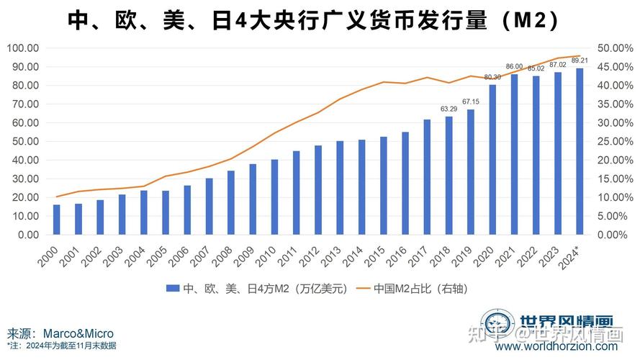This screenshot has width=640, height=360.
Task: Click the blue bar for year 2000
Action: click(x=57, y=220)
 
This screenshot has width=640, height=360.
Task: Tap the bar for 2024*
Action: click(x=579, y=151)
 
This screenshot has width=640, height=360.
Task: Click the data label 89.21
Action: click(x=579, y=60)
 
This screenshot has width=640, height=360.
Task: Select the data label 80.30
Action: click(x=492, y=77)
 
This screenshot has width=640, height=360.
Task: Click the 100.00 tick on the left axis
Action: click(x=23, y=48)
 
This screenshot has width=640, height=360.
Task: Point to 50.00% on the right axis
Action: click(x=614, y=48)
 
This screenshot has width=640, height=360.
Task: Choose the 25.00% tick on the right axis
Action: click(x=614, y=141)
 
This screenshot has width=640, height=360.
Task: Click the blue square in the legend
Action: click(x=171, y=289)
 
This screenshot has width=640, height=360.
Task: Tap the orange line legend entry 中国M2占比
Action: click(x=418, y=289)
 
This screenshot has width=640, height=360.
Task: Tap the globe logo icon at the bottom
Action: click(x=497, y=324)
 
